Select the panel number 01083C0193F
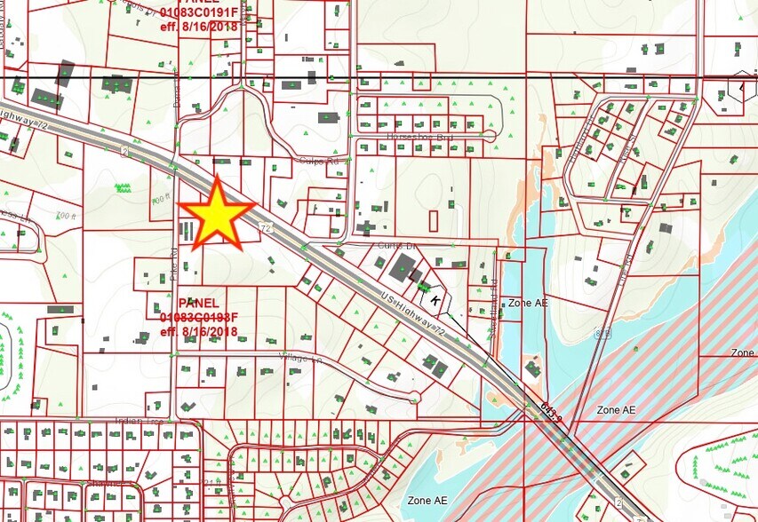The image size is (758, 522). [x=198, y=317]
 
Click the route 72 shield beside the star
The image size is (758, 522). [x=266, y=229]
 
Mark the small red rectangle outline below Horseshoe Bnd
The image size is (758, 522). [x=433, y=220]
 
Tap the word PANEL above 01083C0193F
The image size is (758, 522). [x=198, y=303]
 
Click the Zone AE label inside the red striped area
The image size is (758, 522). [x=615, y=410]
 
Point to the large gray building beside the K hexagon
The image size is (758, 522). [x=403, y=266]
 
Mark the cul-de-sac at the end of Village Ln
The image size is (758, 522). [x=413, y=396]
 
